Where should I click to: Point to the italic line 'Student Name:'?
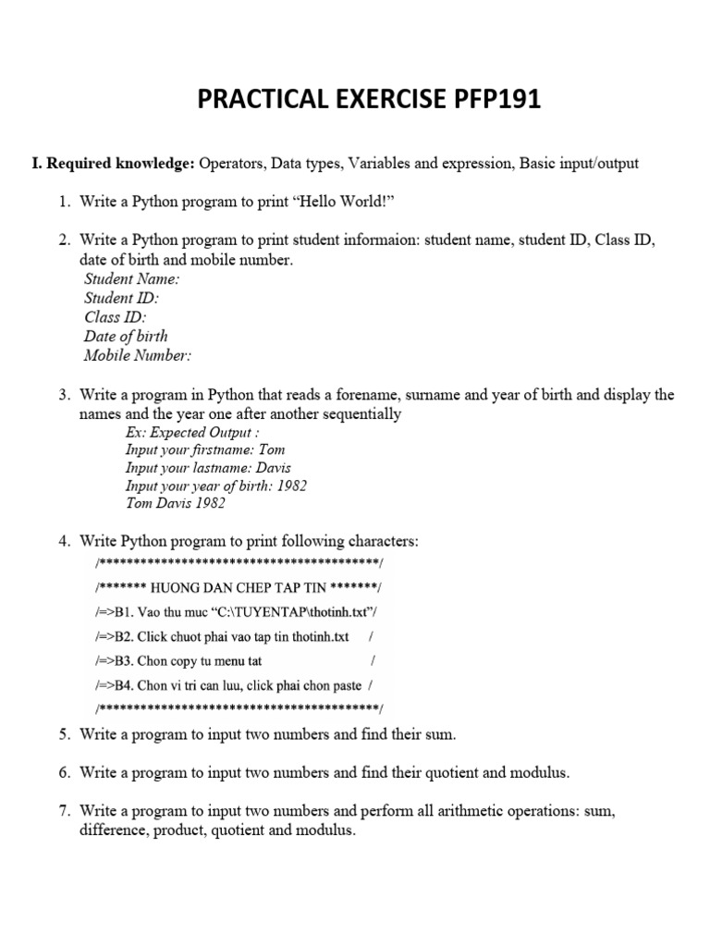pyautogui.click(x=131, y=278)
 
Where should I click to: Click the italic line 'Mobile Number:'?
pyautogui.click(x=138, y=355)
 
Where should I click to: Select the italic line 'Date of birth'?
pyautogui.click(x=126, y=336)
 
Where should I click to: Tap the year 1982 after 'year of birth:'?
pyautogui.click(x=290, y=486)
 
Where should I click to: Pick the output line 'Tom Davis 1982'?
pyautogui.click(x=175, y=504)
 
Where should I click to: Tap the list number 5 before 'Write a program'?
pyautogui.click(x=65, y=735)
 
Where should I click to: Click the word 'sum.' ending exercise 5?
pyautogui.click(x=441, y=735)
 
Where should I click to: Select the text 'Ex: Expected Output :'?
pyautogui.click(x=192, y=432)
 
